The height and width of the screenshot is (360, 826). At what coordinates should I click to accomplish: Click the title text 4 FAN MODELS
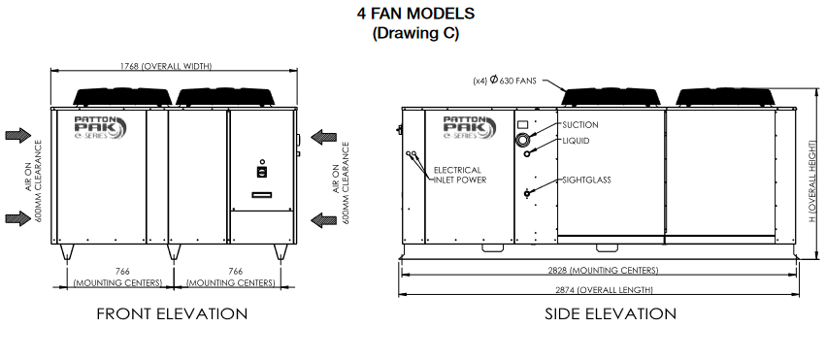[x=415, y=14]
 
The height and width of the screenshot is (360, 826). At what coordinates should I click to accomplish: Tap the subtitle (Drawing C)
[x=415, y=32]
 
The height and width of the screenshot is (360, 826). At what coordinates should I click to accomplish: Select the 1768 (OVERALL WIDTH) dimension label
[x=173, y=67]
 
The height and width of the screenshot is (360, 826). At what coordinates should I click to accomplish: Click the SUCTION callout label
[x=580, y=125]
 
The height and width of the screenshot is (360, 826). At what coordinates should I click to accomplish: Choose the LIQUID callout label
[x=576, y=142]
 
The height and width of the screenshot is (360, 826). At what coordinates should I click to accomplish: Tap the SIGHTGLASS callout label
[x=585, y=180]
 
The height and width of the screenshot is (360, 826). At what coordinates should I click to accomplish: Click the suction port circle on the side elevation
[x=525, y=142]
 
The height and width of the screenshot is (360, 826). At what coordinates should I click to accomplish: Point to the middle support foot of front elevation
[x=173, y=251]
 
